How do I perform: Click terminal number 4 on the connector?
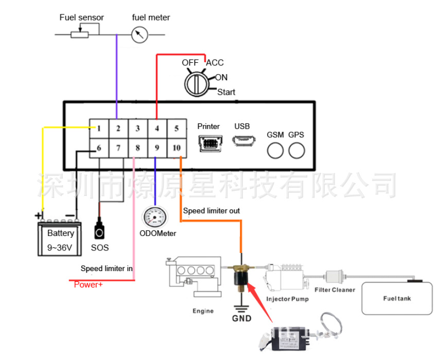tap(157, 129)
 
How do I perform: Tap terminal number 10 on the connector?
tap(177, 148)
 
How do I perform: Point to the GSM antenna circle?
tap(275, 150)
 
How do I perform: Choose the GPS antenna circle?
tap(296, 150)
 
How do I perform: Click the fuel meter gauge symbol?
tap(140, 35)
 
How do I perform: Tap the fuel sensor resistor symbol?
tap(80, 34)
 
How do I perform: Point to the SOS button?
tap(99, 230)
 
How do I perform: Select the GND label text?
tap(241, 318)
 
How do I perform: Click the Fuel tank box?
tap(397, 298)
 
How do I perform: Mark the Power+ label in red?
tap(89, 284)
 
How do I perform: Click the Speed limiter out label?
tap(212, 211)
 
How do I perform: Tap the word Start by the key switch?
tap(226, 92)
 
